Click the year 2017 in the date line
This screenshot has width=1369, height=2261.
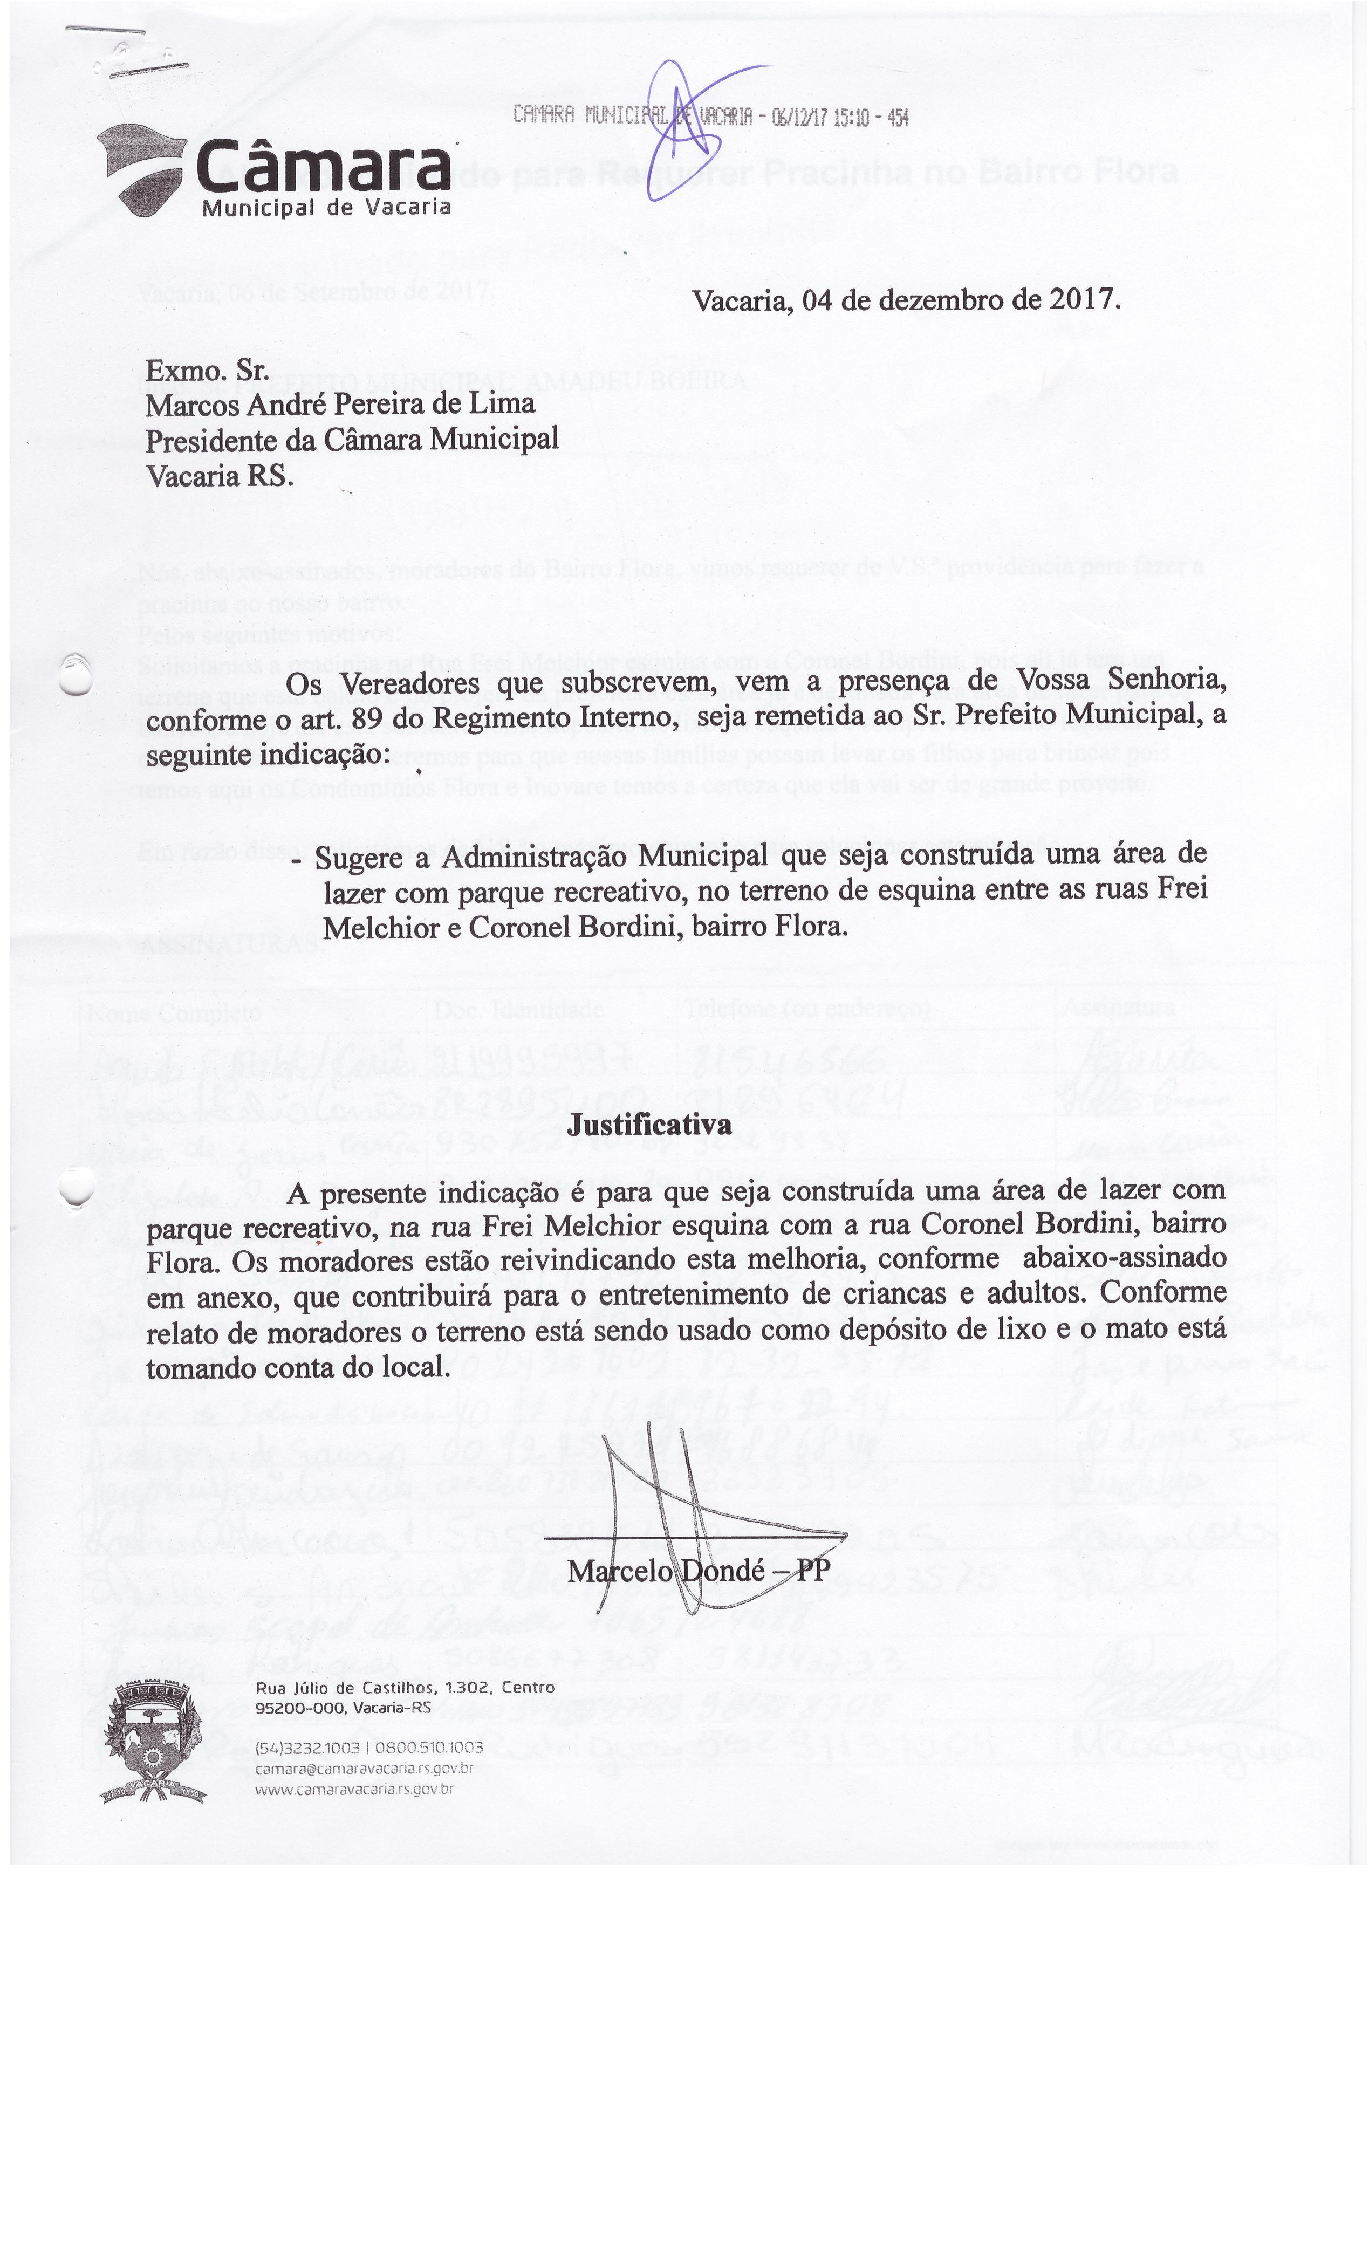point(1080,300)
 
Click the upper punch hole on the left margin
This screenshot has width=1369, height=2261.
point(75,675)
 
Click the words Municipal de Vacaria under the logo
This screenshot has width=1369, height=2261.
point(327,207)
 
